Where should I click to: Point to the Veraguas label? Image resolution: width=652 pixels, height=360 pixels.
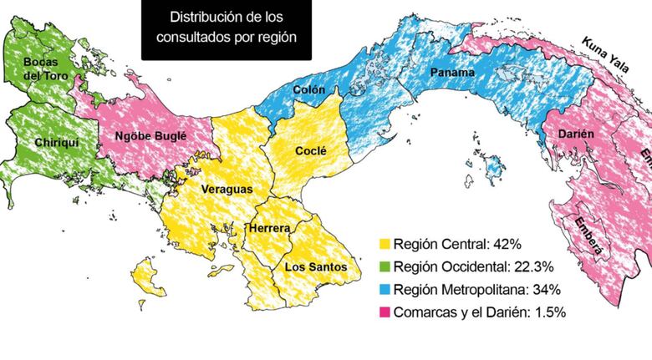227,190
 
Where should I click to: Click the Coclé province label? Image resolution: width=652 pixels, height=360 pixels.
310,150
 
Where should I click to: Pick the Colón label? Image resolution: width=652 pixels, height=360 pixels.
309,89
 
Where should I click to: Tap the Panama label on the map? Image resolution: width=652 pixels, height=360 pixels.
452,73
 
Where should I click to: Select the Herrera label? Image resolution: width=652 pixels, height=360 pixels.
269,228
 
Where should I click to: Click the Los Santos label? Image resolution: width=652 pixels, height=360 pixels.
315,266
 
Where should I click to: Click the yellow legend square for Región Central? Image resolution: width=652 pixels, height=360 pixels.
385,245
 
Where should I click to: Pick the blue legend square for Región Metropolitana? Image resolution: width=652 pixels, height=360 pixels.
385,290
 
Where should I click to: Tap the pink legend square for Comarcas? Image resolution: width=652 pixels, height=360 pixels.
385,312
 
